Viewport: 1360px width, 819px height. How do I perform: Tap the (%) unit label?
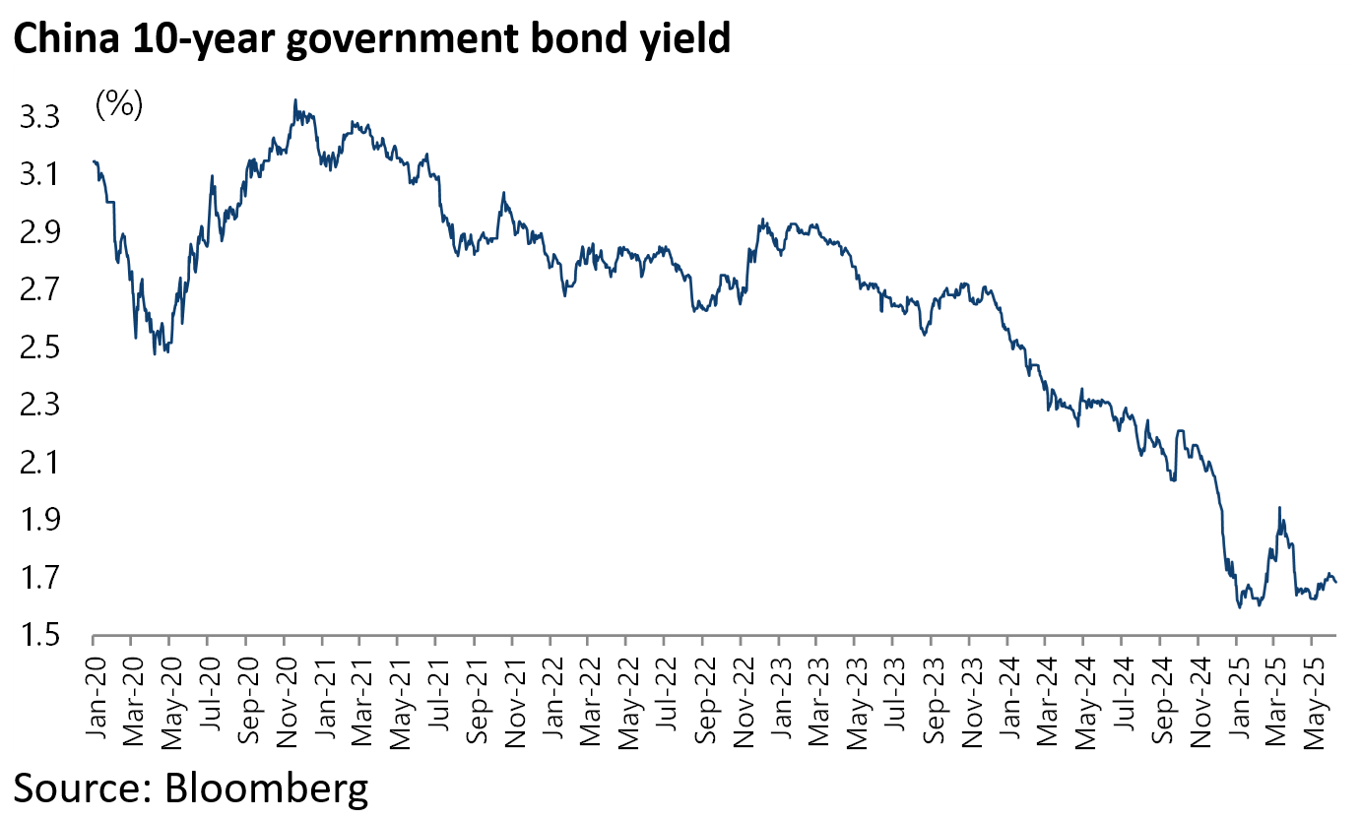coord(119,105)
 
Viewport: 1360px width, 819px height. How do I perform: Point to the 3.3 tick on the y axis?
coord(39,118)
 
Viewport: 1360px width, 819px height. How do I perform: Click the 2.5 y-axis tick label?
coord(39,347)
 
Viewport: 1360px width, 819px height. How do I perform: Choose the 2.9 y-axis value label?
coord(39,233)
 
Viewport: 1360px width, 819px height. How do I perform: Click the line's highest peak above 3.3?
coord(295,99)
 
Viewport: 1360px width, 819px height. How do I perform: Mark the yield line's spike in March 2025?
coord(1279,508)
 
